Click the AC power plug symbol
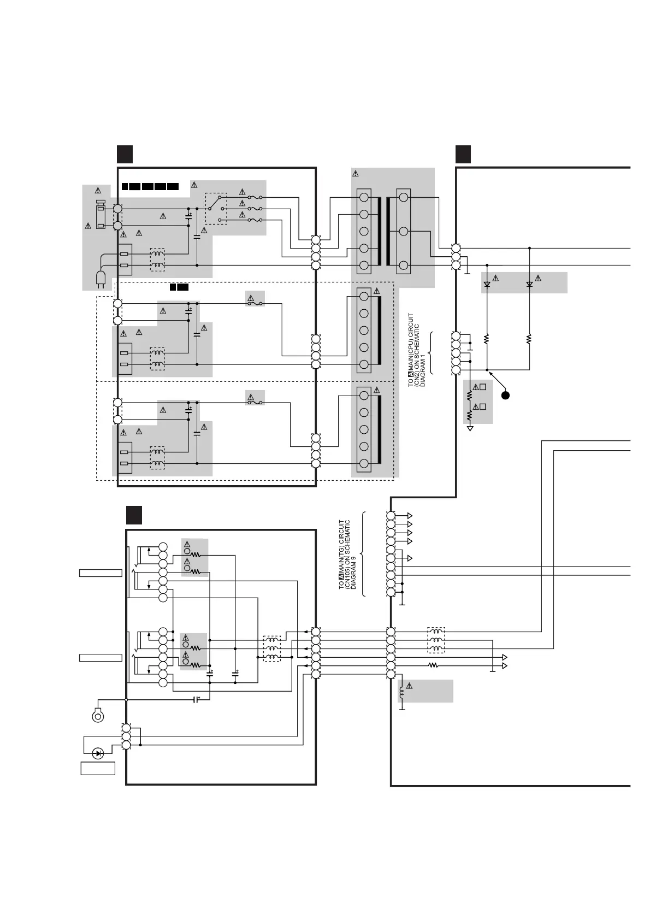pyautogui.click(x=101, y=279)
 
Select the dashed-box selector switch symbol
pyautogui.click(x=216, y=208)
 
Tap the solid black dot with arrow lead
pyautogui.click(x=506, y=395)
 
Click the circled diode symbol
pyautogui.click(x=98, y=753)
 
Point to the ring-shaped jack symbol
pyautogui.click(x=98, y=715)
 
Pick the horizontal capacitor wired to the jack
pyautogui.click(x=197, y=699)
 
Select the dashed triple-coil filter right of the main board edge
pyautogui.click(x=436, y=640)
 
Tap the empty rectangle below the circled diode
pyautogui.click(x=98, y=768)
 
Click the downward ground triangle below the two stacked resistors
pyautogui.click(x=470, y=429)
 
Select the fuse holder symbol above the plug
pyautogui.click(x=101, y=214)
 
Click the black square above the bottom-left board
pyautogui.click(x=134, y=515)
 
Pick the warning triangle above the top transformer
pyautogui.click(x=356, y=174)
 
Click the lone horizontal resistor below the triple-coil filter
pyautogui.click(x=433, y=665)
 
